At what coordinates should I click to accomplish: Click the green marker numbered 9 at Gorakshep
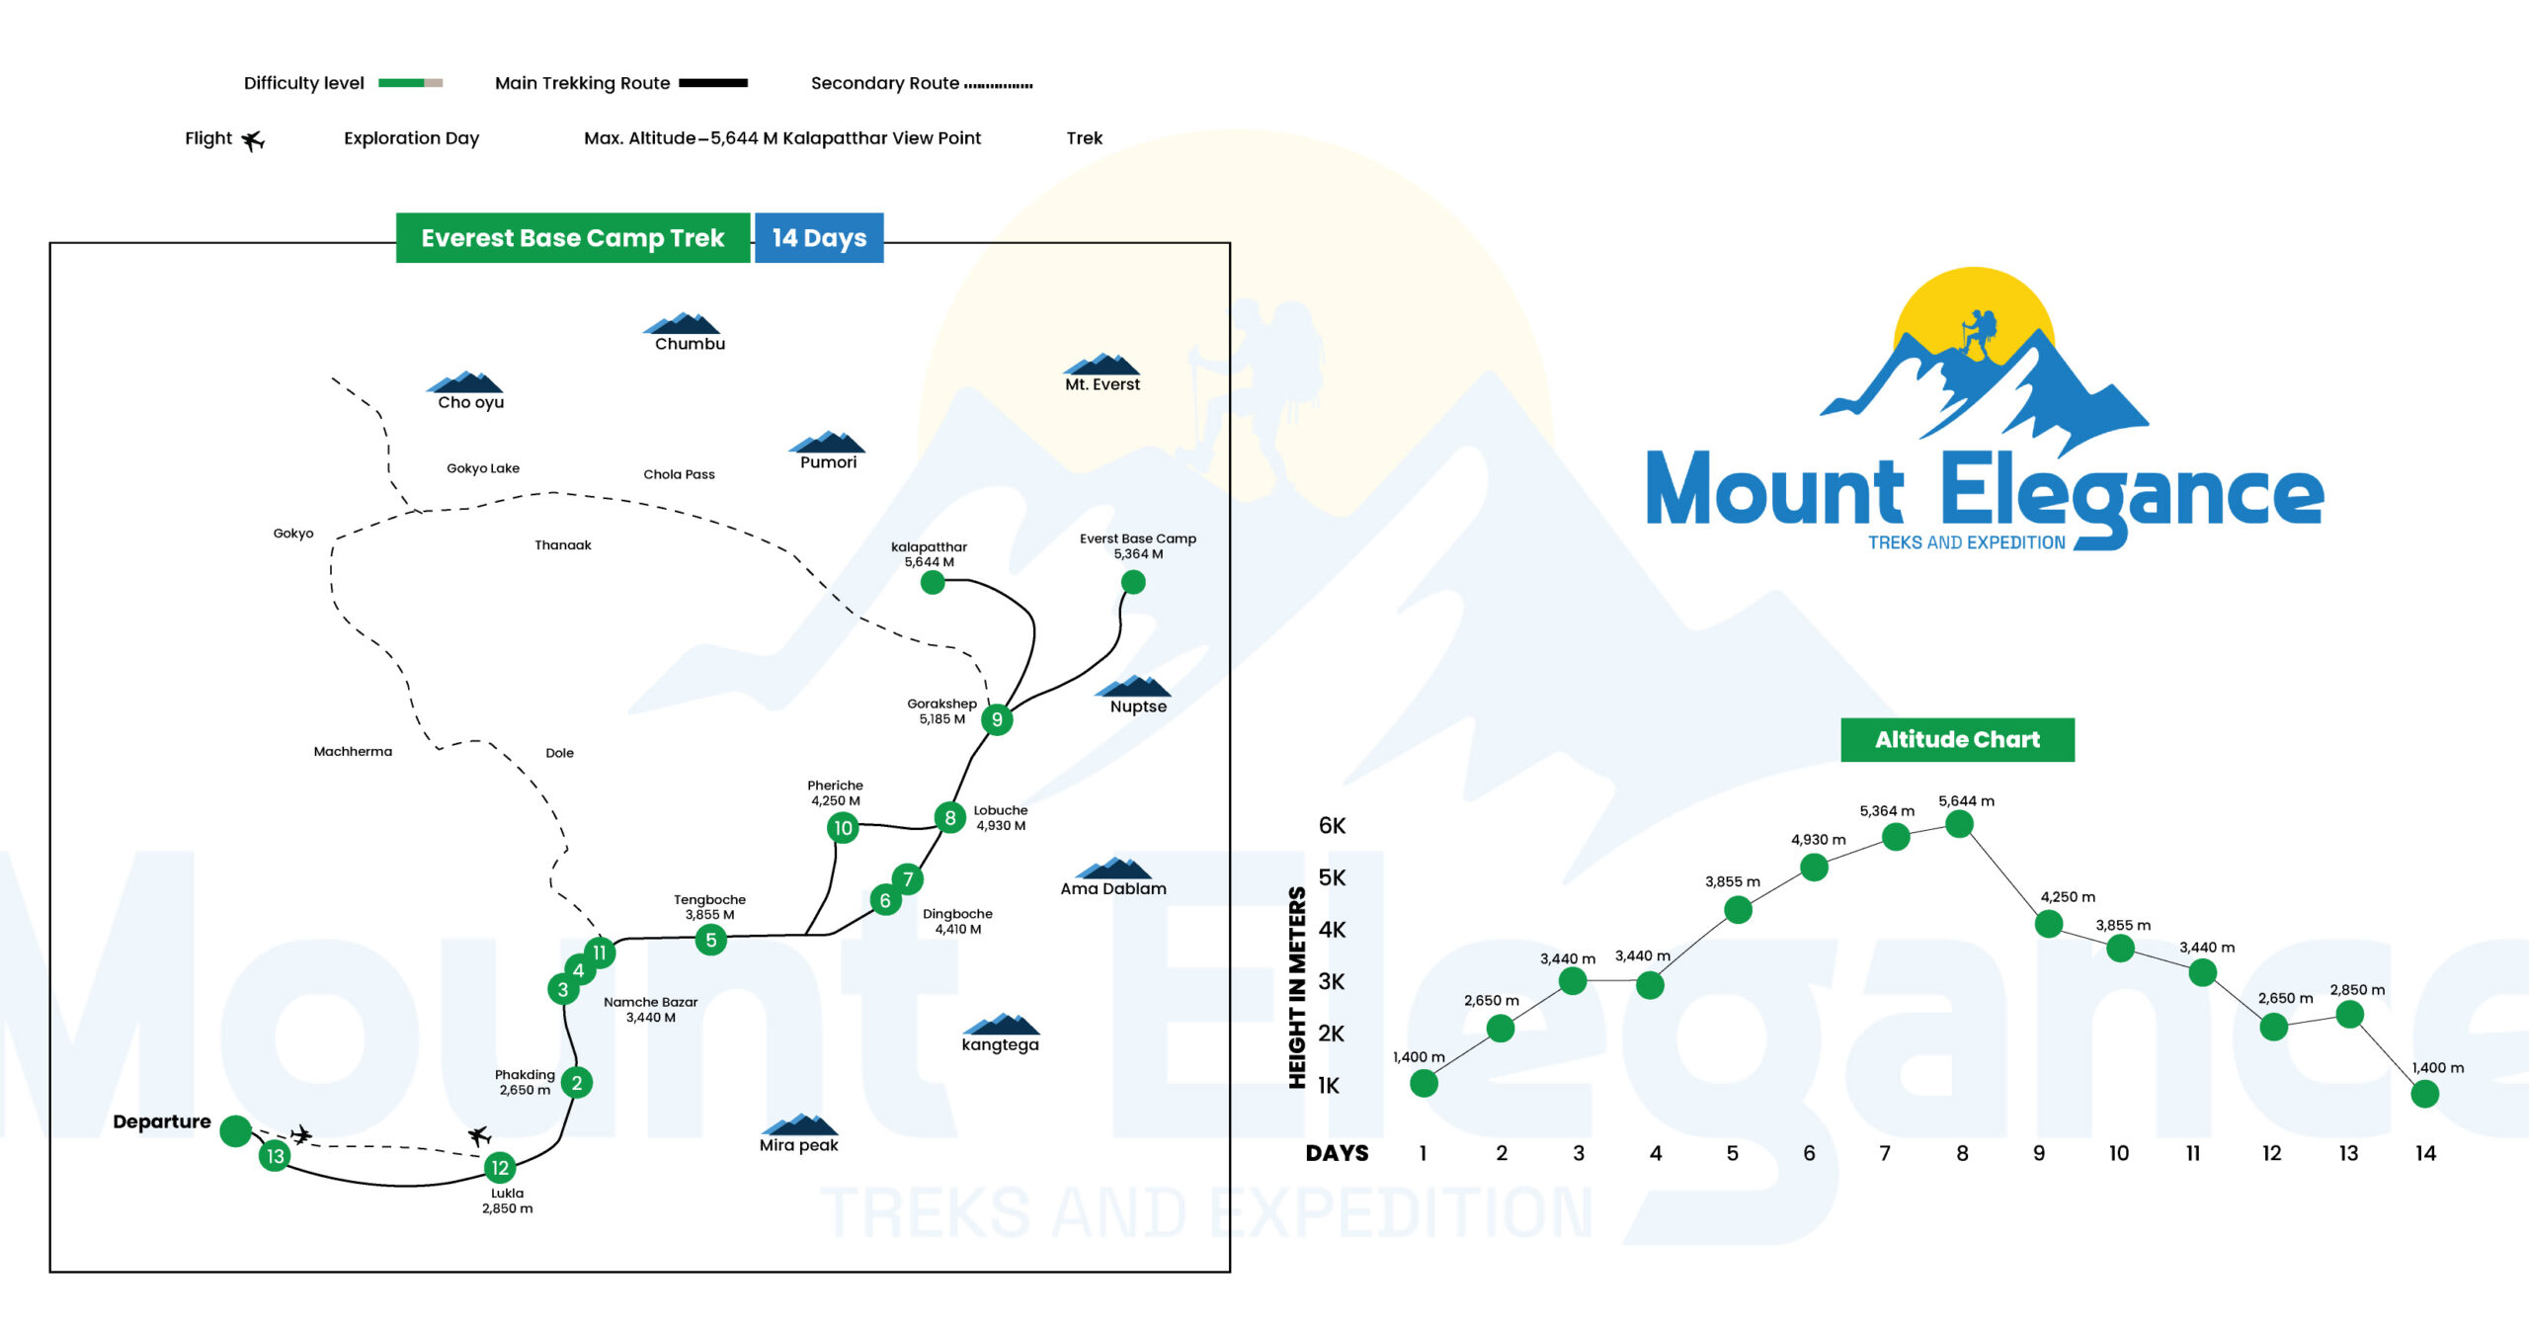pos(997,719)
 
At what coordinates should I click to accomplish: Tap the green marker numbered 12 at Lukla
pos(500,1168)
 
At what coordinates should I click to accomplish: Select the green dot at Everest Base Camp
pos(1133,582)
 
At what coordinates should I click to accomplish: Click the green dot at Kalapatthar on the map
pos(933,583)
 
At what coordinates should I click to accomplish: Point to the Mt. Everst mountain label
pos(1102,384)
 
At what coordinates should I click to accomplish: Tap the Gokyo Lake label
pos(483,468)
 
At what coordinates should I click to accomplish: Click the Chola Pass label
pos(679,474)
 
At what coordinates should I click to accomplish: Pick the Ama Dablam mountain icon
pos(1113,869)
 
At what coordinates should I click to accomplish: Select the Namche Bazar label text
pos(650,1002)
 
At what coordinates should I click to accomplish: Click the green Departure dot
pos(235,1130)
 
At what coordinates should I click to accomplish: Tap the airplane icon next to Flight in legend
pos(253,140)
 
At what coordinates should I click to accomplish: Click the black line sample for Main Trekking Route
pos(713,83)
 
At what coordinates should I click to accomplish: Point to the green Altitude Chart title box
pos(1957,739)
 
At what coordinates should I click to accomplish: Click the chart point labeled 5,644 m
pos(1959,824)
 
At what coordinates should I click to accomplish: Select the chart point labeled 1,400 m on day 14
pos(2425,1094)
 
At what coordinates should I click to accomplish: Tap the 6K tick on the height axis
pos(1332,826)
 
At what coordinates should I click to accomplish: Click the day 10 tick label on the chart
pos(2119,1153)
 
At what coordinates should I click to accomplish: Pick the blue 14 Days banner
pos(819,238)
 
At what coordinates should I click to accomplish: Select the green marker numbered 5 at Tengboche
pos(710,940)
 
